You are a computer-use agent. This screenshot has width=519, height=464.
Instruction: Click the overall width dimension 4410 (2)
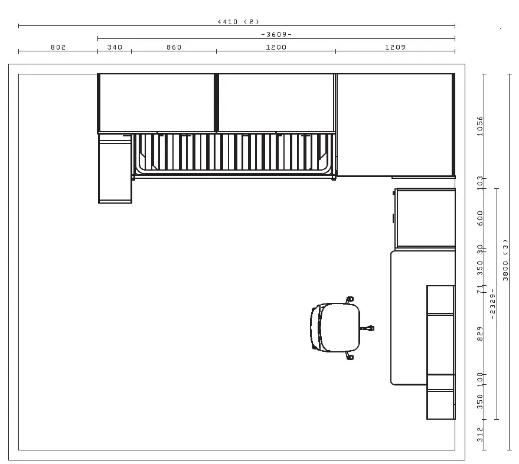238,22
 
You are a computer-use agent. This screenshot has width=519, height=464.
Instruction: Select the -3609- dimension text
276,34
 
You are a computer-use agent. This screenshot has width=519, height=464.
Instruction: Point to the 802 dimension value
58,47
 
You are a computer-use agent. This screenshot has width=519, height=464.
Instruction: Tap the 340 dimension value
115,47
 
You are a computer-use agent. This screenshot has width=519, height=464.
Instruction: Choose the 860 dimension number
174,47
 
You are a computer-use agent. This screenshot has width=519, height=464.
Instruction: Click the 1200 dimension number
276,47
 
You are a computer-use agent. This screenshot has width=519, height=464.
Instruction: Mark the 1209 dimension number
395,47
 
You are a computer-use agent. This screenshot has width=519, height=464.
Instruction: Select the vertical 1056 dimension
480,126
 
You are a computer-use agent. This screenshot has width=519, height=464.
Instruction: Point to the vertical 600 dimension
480,218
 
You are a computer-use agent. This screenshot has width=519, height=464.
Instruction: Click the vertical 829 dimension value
480,334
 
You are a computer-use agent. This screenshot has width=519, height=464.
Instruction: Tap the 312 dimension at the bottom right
480,434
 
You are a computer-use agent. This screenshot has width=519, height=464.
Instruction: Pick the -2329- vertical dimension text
492,304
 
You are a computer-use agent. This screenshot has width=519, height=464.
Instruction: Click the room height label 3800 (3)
505,260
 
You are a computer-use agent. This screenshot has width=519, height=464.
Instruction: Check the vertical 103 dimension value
480,183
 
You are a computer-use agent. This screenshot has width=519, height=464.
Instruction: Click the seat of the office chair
340,327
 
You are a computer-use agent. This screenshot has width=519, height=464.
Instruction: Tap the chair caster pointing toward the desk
368,328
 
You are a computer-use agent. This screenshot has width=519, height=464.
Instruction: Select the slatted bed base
234,153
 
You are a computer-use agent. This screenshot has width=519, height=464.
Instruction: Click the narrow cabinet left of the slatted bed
115,169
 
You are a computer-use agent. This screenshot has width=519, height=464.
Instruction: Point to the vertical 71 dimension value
480,289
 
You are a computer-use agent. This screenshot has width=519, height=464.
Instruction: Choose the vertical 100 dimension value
480,380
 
